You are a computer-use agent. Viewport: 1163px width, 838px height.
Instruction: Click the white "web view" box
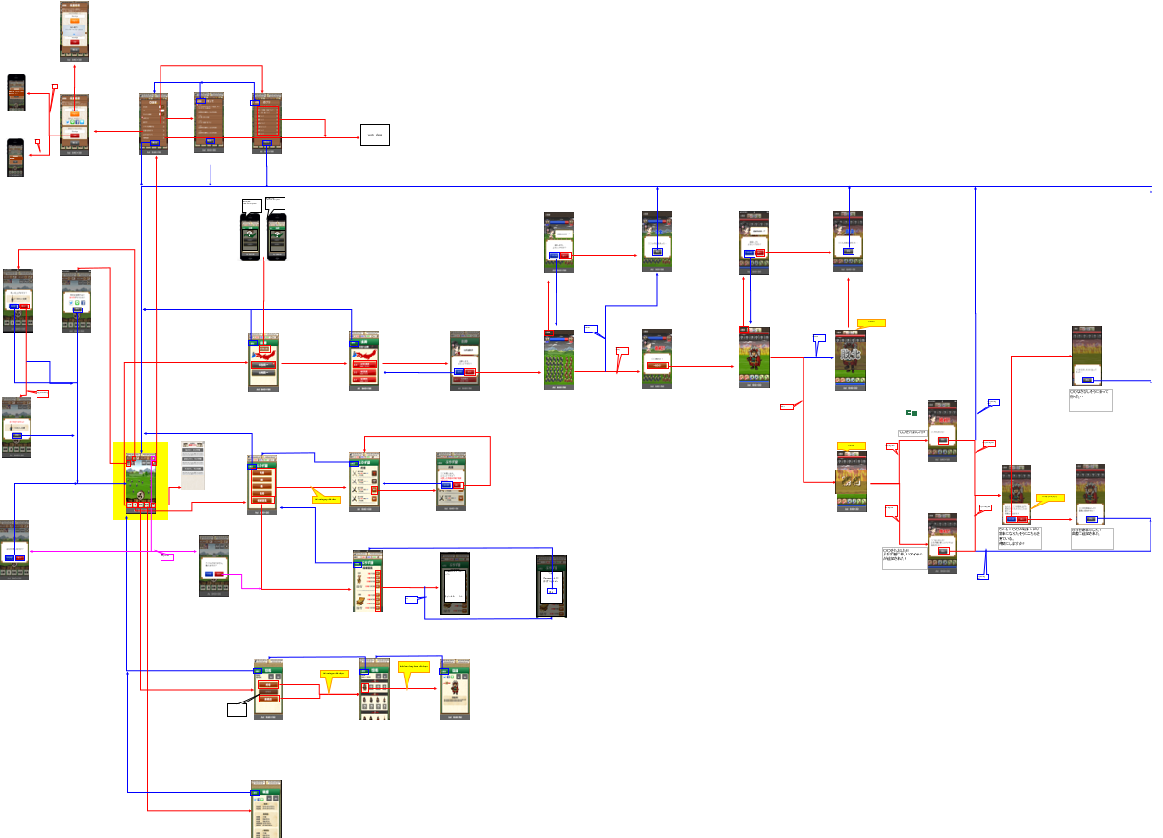375,136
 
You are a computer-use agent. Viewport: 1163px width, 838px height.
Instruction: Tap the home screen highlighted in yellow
140,481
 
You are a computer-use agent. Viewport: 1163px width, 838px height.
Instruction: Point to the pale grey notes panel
192,466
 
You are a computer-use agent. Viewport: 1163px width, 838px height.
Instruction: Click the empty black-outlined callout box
236,710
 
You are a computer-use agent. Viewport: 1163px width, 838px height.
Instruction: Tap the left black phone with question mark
250,235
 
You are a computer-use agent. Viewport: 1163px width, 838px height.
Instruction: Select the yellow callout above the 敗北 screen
871,323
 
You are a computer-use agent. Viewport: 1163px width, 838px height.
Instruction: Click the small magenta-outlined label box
166,557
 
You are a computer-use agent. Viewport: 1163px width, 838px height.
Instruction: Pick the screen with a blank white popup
454,583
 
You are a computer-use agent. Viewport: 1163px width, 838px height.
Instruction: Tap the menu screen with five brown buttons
261,485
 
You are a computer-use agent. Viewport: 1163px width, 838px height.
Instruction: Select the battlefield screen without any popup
557,361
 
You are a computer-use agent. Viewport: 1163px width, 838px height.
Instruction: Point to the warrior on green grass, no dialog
754,357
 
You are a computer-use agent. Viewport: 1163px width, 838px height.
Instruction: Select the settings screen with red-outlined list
266,122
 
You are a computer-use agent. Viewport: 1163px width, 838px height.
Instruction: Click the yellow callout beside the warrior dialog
1049,498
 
